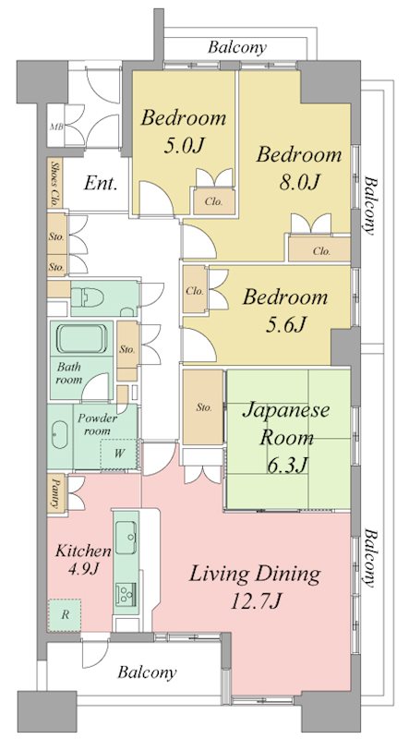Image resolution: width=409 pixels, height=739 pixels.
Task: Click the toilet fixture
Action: pos(87,297)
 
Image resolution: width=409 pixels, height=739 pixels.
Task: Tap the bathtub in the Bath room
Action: pos(82,338)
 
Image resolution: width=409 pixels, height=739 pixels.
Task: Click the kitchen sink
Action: pos(126,538)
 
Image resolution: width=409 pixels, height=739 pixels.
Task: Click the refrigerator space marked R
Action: pos(64,615)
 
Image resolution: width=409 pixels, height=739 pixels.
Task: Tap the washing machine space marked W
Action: pos(120,454)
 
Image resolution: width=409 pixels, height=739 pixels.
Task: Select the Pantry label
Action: pos(56,493)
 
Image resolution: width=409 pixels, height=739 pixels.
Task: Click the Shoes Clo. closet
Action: pos(55,183)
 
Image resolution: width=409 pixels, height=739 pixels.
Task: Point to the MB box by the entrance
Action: pos(55,127)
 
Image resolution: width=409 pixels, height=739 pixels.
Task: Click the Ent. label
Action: pos(101,183)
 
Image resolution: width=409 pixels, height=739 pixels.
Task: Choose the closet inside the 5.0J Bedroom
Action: pos(213,201)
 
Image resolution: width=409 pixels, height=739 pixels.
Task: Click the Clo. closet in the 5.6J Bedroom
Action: pos(195,290)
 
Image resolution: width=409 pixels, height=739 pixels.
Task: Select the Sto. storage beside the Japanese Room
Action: pos(203,406)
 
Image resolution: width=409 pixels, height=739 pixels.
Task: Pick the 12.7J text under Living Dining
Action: pos(256,601)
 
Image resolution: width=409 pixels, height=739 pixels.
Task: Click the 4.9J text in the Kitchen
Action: pos(83,569)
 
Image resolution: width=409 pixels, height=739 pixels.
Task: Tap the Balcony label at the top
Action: pos(238,47)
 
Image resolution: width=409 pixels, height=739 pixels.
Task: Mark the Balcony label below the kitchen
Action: pos(148,672)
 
